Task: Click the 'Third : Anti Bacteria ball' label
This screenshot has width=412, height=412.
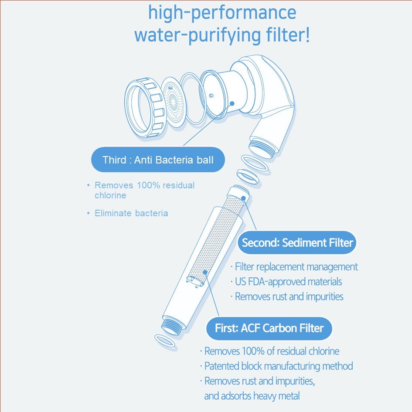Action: pos(158,160)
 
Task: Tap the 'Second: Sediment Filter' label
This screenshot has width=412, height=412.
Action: pos(297,242)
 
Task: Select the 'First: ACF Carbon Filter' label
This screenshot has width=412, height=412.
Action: pos(269,328)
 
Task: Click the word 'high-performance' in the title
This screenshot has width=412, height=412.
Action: pos(222,13)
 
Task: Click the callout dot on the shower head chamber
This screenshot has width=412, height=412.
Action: pos(232,103)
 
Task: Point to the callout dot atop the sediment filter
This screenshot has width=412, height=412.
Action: pos(244,198)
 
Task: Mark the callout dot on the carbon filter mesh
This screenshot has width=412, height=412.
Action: pos(205,272)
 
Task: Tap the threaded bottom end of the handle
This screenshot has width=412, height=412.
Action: pos(171,326)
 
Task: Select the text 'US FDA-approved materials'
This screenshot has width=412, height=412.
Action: pos(288,282)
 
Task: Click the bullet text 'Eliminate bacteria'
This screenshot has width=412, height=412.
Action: pos(131,213)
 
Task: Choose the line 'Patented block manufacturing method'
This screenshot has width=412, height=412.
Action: pos(279,366)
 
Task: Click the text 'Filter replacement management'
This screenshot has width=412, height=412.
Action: pos(296,267)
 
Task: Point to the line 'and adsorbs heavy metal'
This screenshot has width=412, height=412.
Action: pos(252,396)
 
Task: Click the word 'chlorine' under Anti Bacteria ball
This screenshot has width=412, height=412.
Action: pos(110,195)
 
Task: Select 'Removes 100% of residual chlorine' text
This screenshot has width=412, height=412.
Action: pos(272,351)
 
